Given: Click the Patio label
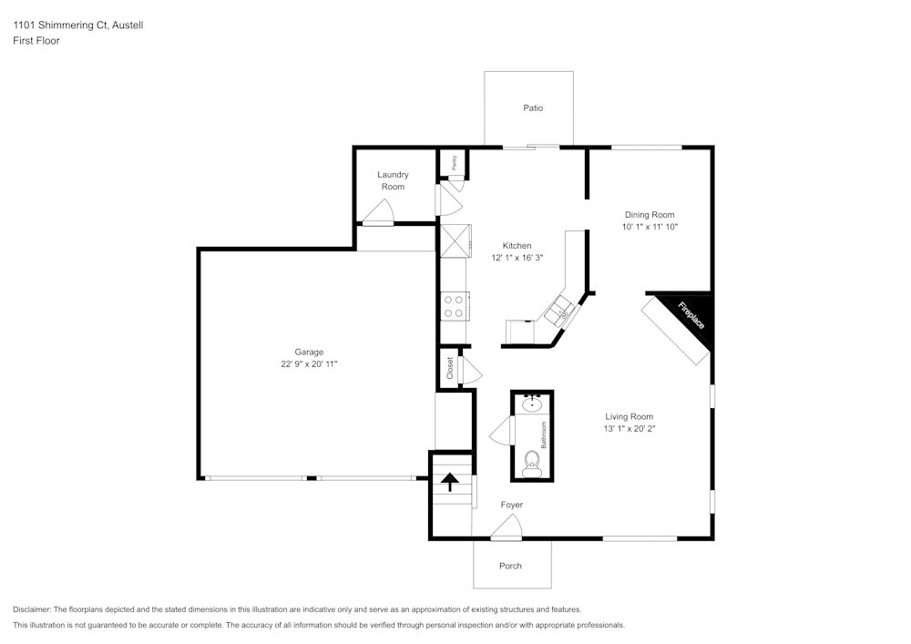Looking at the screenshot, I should [533, 108].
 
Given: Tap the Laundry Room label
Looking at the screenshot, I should [393, 180].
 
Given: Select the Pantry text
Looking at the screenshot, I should [454, 161].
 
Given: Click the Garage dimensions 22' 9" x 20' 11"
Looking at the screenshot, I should [309, 364].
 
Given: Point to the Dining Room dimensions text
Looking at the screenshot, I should [650, 227].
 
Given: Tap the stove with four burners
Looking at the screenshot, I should [454, 306].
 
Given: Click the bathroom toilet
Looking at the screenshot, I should [532, 464].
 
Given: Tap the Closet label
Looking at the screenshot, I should [450, 367].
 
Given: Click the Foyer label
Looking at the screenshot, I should [512, 505].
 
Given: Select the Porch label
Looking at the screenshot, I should [511, 566].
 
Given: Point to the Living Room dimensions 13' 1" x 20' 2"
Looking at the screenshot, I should [630, 428].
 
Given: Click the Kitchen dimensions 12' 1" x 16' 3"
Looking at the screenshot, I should [517, 258].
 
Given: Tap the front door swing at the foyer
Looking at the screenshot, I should [507, 527].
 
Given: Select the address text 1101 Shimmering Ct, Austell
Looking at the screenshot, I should [77, 26].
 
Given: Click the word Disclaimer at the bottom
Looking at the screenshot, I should [33, 609].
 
